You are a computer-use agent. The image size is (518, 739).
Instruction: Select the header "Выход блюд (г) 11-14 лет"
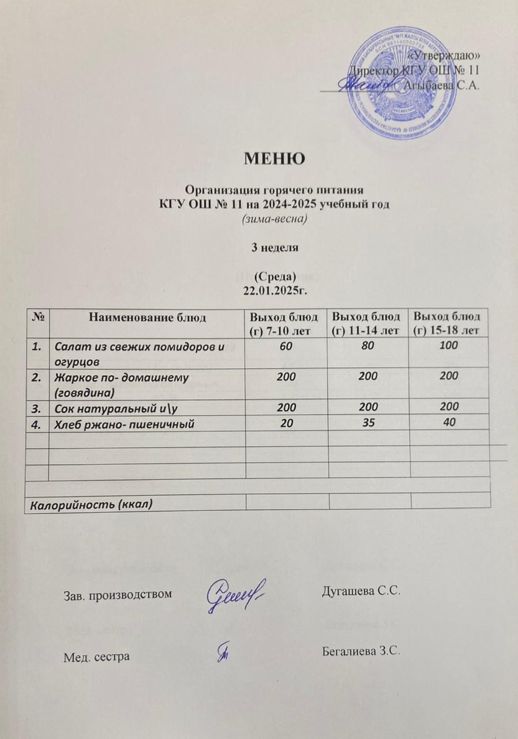tap(368, 323)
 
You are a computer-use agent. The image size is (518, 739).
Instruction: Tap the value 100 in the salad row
tap(449, 346)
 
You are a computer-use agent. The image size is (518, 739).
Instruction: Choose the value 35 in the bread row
tap(368, 423)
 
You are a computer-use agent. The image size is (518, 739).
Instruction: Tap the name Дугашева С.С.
tap(359, 592)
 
